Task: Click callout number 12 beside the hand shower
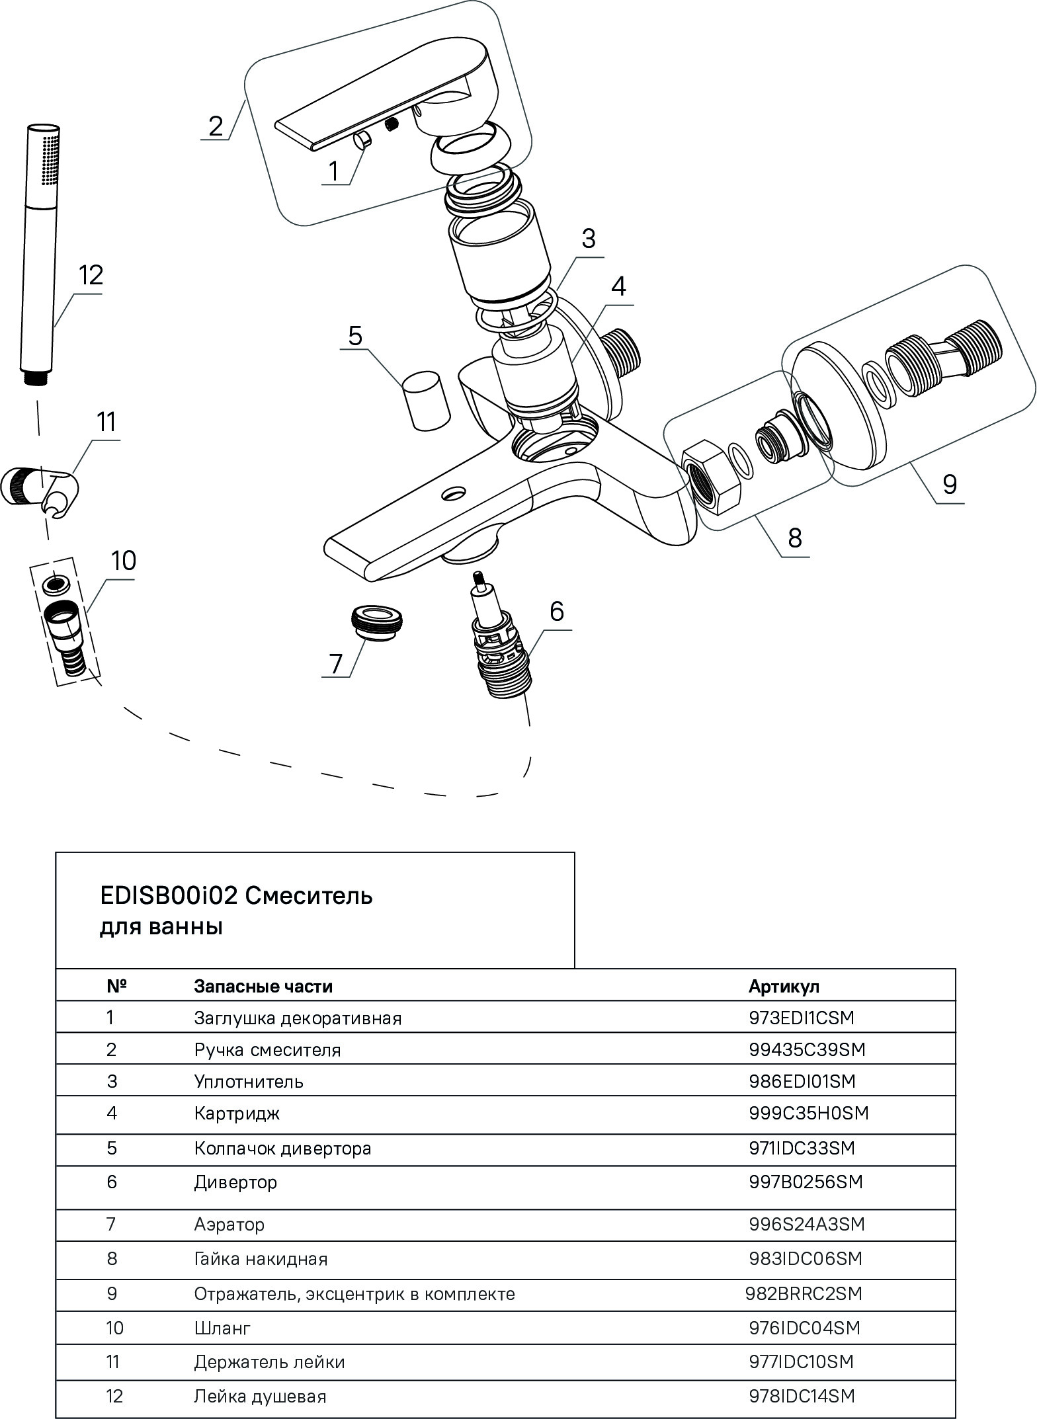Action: point(91,275)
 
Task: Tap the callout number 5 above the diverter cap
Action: point(355,337)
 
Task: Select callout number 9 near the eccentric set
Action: point(949,485)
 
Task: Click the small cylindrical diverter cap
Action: point(426,401)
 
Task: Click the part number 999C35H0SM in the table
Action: point(808,1113)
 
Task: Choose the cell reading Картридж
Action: point(237,1114)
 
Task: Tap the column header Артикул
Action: point(784,987)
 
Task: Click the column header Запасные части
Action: point(263,987)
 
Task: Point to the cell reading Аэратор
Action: point(229,1225)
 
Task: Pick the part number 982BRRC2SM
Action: point(804,1293)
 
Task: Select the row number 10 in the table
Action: point(114,1327)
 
